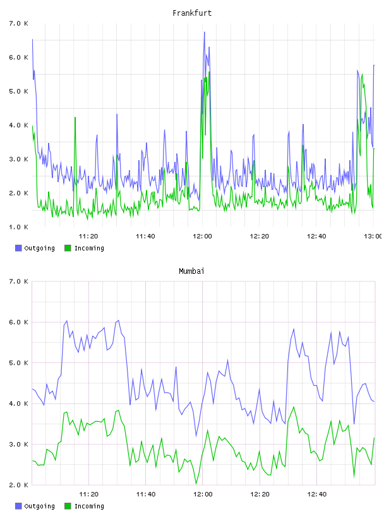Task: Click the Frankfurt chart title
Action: point(192,13)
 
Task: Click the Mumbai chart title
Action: point(191,271)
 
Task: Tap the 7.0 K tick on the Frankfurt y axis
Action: point(19,23)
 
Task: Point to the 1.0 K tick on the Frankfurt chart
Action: point(19,227)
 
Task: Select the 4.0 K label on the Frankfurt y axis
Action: point(19,125)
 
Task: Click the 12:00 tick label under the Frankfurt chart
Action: point(203,236)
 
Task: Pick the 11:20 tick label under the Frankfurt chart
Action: point(88,236)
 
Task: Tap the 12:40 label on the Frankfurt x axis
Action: point(316,236)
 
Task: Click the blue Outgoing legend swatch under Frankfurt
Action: point(18,248)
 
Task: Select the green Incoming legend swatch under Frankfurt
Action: point(68,248)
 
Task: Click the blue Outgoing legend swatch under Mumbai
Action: point(18,506)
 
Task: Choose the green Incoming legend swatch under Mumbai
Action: point(68,506)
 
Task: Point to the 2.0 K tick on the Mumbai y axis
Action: point(19,485)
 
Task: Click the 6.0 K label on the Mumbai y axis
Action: point(19,322)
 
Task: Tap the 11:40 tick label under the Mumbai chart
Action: point(146,494)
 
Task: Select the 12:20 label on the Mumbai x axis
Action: point(260,494)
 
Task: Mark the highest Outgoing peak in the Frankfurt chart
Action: point(204,32)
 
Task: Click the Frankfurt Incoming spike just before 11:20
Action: point(75,118)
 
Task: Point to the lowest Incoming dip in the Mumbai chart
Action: point(196,484)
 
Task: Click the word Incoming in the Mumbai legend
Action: point(89,506)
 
